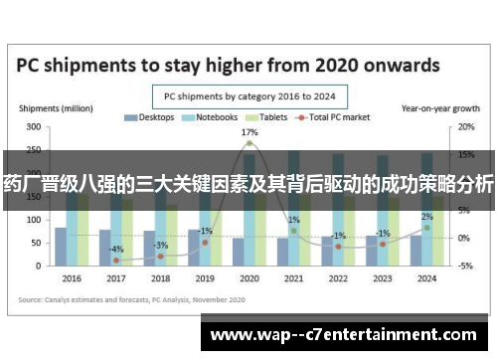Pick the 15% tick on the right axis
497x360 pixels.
click(465, 155)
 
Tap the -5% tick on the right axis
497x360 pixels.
click(465, 266)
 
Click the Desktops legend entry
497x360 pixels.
click(151, 117)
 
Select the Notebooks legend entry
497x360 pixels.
click(209, 117)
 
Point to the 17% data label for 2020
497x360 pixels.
click(249, 131)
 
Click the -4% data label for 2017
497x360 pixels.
click(116, 249)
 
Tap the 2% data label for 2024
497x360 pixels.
click(426, 217)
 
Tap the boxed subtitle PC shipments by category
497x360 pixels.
click(248, 95)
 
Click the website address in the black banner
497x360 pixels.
click(347, 334)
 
